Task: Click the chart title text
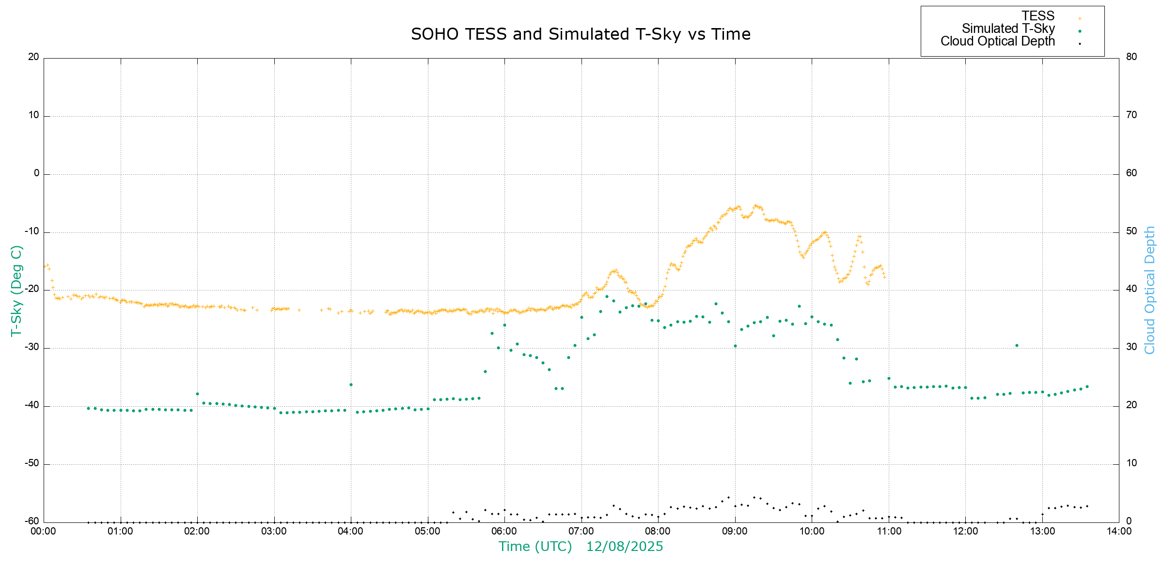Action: [581, 34]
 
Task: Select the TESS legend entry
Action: [1038, 16]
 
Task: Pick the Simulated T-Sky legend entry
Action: [1008, 29]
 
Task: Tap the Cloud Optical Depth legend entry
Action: [997, 41]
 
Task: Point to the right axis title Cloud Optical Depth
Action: [1149, 290]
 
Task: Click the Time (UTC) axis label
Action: [535, 547]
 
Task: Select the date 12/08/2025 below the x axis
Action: [624, 547]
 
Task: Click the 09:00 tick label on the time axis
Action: [735, 531]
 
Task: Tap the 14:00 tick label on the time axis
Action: [1119, 531]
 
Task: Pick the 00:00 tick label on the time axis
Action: [44, 531]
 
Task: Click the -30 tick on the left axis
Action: [32, 347]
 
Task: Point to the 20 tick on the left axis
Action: [33, 57]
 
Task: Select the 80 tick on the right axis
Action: [1132, 57]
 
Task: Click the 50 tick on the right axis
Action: [1132, 231]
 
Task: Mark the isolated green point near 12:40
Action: [1017, 345]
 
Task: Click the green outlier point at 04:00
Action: [351, 384]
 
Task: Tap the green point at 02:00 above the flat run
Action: [197, 394]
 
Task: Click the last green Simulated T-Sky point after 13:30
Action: [1087, 386]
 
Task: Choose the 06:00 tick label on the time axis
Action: [504, 531]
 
